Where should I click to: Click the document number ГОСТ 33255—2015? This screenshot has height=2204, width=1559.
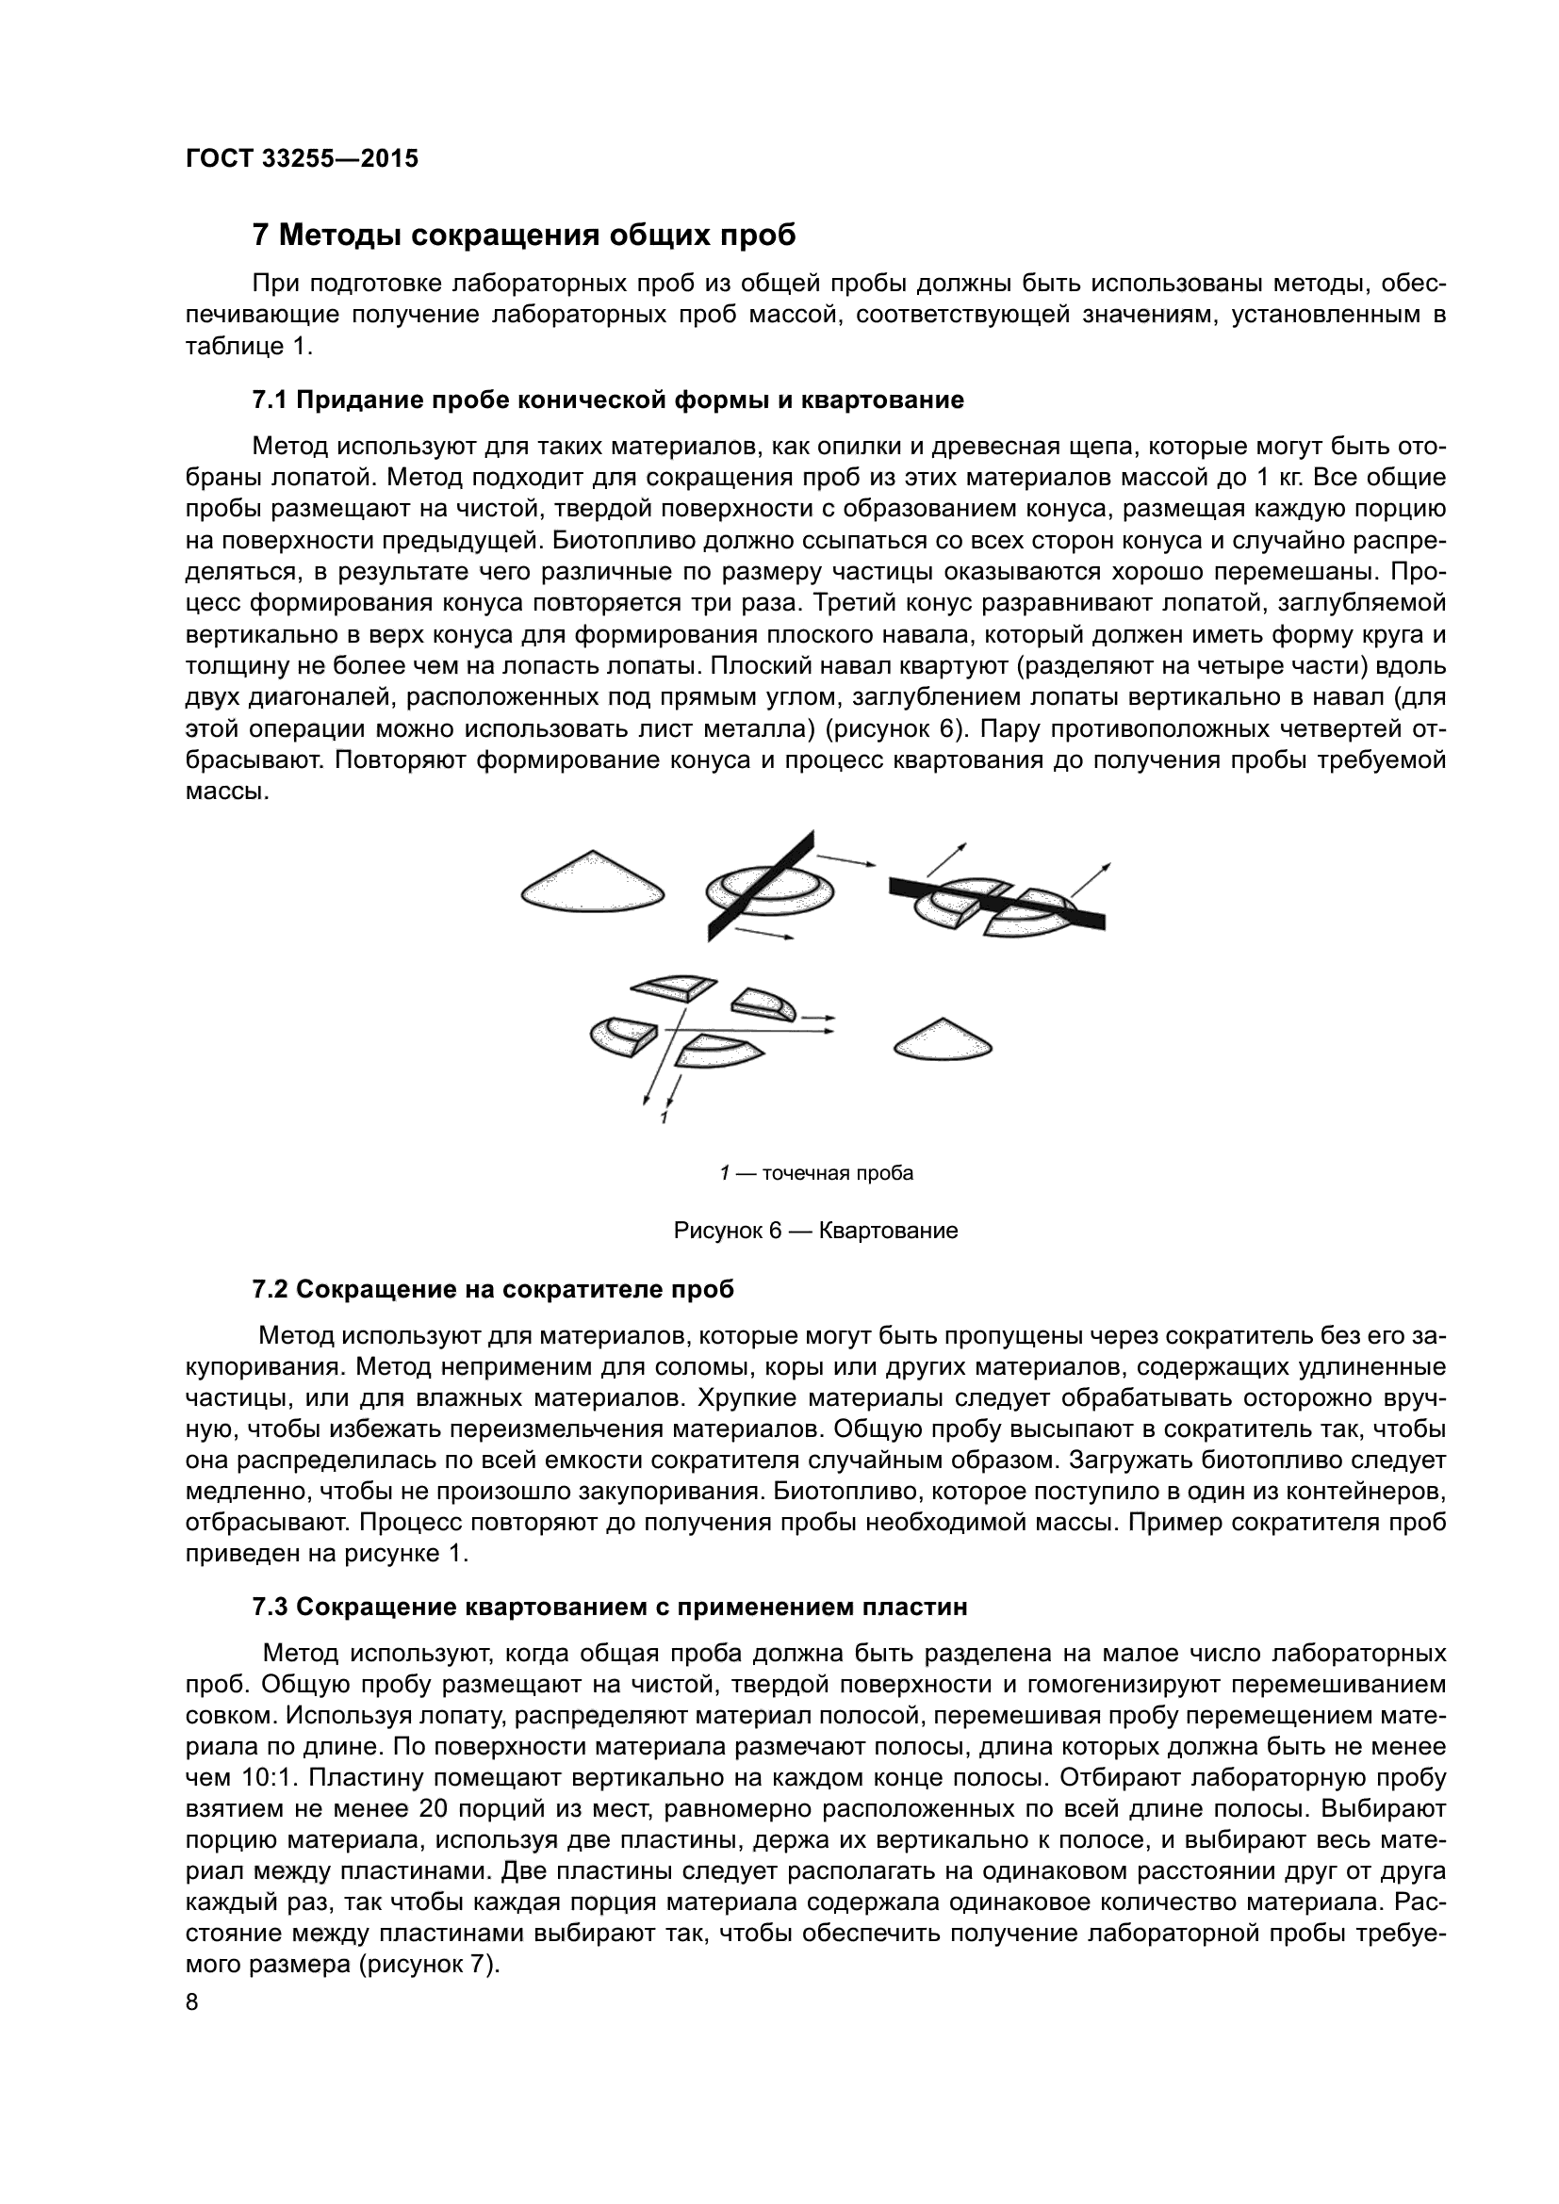click(302, 159)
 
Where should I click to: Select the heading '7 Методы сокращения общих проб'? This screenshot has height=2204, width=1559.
click(523, 236)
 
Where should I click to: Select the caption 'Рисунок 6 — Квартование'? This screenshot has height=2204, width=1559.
click(816, 1231)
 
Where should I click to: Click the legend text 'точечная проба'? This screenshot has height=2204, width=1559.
click(837, 1173)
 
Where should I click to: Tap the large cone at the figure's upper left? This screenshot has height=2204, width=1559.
click(593, 881)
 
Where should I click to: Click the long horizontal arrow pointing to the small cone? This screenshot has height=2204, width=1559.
click(748, 1030)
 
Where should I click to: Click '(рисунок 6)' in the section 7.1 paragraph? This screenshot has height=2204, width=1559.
click(894, 729)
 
